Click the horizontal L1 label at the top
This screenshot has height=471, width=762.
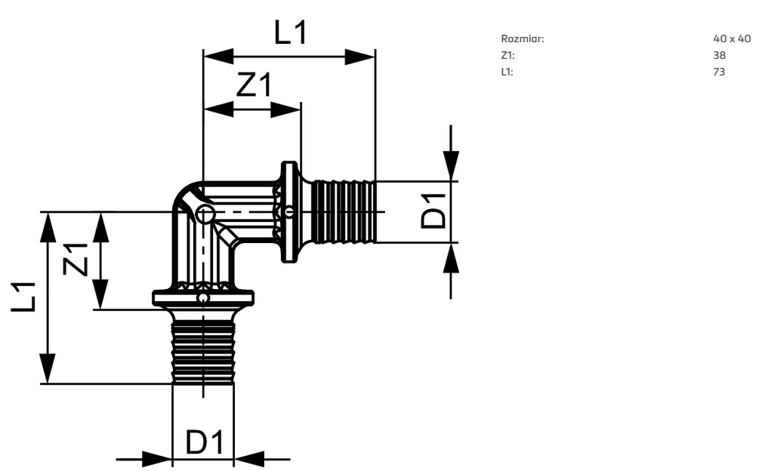[x=290, y=33]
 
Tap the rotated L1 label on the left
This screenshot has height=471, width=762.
[x=23, y=297]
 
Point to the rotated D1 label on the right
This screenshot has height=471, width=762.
[x=434, y=211]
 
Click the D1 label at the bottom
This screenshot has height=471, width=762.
[x=204, y=443]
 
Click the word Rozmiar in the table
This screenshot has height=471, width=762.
[x=523, y=38]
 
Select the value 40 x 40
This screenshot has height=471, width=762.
[x=732, y=38]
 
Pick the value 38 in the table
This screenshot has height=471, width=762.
[x=719, y=55]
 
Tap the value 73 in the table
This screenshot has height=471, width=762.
[x=719, y=72]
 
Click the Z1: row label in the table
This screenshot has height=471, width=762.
[x=507, y=55]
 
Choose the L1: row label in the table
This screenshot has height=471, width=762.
[x=507, y=72]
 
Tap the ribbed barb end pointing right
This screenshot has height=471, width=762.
[x=344, y=211]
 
